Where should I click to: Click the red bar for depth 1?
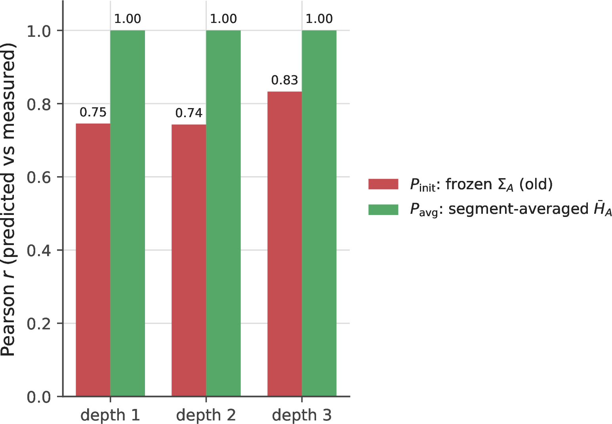pos(93,260)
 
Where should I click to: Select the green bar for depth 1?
pos(128,213)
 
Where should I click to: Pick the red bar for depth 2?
pos(189,260)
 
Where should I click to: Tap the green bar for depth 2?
pos(223,213)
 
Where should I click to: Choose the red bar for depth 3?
pos(285,244)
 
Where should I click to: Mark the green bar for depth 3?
pos(319,213)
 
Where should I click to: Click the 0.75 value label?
pos(93,112)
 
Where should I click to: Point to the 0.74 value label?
pos(189,113)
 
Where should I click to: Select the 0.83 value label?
pos(284,80)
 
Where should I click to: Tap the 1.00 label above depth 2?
pos(223,19)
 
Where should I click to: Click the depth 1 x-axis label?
pos(110,415)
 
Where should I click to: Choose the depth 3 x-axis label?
pos(301,415)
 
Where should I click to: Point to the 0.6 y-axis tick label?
pos(39,177)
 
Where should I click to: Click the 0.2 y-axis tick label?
pos(39,323)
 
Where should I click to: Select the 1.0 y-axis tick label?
pos(39,31)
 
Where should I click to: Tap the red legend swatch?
pos(383,184)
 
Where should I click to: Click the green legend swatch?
pos(383,209)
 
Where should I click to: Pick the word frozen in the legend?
pos(469,184)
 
